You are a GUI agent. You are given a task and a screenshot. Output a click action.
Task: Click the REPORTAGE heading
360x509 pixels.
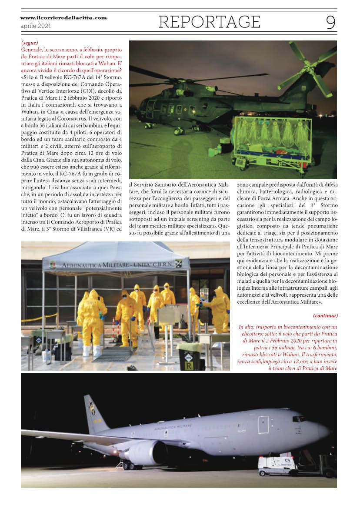pos(209,22)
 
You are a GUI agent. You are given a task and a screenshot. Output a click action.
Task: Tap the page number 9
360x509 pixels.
pos(331,22)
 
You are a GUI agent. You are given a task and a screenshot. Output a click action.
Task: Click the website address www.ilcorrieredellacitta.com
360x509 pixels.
pos(63,18)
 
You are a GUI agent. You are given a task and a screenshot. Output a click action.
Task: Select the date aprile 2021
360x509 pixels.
pos(36,26)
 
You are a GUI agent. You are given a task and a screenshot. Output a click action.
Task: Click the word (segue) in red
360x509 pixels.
pos(30,43)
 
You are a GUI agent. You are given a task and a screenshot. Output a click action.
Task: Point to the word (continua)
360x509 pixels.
pos(325,315)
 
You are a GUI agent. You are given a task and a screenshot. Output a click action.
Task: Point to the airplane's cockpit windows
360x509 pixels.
pos(300,419)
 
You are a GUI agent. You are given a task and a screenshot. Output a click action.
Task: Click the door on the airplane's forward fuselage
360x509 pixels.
pos(263,425)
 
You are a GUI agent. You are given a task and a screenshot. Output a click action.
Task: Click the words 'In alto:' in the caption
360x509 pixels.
pos(249,327)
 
